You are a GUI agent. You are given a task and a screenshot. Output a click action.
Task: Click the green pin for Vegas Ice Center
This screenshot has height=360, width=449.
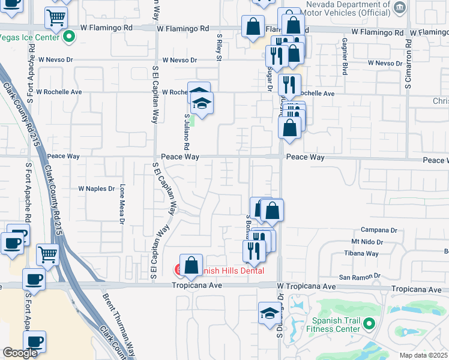pyautogui.click(x=68, y=37)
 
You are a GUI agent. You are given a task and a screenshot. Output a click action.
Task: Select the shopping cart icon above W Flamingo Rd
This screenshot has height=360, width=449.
pyautogui.click(x=56, y=19)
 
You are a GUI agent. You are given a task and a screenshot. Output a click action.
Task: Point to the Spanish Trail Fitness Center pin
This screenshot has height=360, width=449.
pyautogui.click(x=368, y=325)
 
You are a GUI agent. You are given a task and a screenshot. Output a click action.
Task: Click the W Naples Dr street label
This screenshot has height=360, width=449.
pyautogui.click(x=96, y=188)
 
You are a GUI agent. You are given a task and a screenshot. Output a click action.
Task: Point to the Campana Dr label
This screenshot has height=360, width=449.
pyautogui.click(x=379, y=230)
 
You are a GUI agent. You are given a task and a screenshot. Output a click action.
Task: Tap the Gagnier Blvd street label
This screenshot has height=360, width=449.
pyautogui.click(x=345, y=52)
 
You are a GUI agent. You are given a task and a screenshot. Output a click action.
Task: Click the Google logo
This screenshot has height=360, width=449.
pyautogui.click(x=20, y=353)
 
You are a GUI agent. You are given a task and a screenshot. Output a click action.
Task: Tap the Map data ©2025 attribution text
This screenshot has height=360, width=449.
pyautogui.click(x=424, y=355)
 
